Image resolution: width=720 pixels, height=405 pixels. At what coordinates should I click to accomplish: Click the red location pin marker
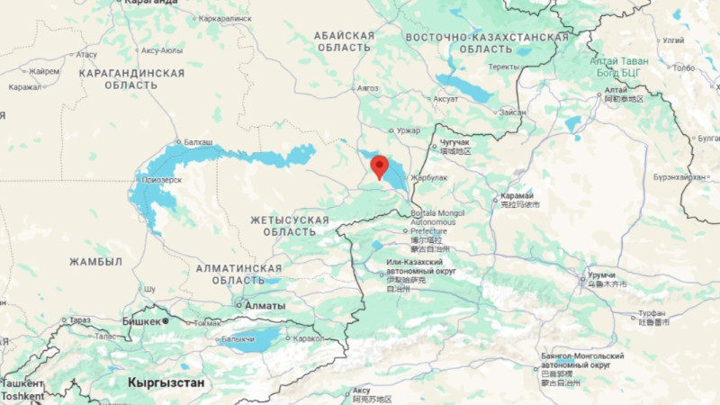(x=379, y=166)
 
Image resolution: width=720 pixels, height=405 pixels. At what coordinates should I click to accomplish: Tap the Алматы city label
(x=265, y=305)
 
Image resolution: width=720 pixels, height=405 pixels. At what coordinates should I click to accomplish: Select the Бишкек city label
(x=141, y=320)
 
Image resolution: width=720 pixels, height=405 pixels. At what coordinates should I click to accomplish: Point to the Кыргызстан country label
(x=166, y=382)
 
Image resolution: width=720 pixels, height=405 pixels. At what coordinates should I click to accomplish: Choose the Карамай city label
(x=517, y=195)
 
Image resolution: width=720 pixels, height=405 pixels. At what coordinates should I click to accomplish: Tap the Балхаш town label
(x=197, y=142)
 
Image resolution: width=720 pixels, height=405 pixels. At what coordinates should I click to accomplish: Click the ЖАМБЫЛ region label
(x=95, y=261)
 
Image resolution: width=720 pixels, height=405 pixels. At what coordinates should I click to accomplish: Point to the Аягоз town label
(x=368, y=88)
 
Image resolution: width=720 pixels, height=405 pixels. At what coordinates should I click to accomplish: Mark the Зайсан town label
(x=512, y=112)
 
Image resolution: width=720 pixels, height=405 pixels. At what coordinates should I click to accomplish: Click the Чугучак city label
(x=455, y=142)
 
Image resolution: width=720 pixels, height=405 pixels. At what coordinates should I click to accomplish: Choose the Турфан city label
(x=652, y=312)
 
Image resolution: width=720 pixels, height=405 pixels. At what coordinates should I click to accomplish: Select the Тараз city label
(x=79, y=319)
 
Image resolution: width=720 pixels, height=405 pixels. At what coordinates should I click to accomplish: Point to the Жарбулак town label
(x=429, y=177)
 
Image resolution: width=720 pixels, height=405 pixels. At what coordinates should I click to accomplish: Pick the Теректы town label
(x=504, y=67)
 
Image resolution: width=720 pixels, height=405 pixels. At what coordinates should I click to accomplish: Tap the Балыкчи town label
(x=238, y=339)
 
